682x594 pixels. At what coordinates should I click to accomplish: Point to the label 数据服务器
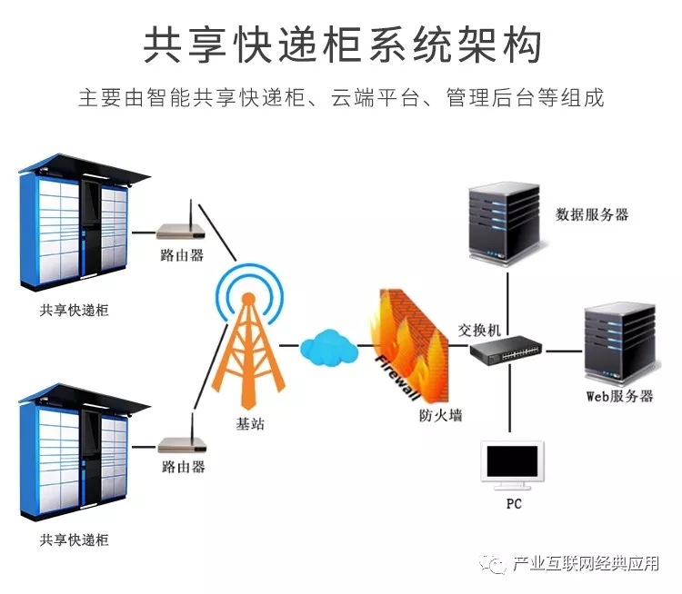[x=592, y=215]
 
